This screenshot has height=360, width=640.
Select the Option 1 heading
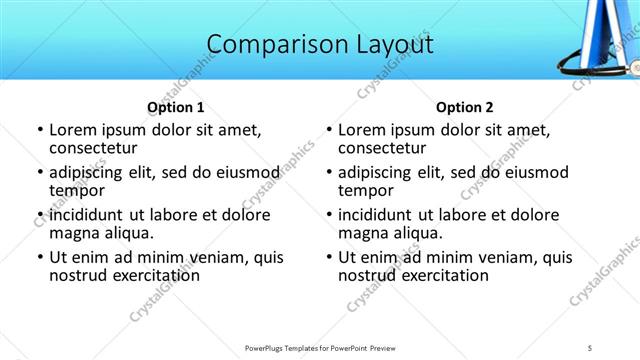176,107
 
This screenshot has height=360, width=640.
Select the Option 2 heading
464,107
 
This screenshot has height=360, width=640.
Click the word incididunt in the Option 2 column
383,215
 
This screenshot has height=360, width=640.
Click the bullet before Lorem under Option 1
40,130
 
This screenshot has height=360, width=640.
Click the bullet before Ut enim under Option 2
329,257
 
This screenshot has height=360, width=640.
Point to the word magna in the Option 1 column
73,233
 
